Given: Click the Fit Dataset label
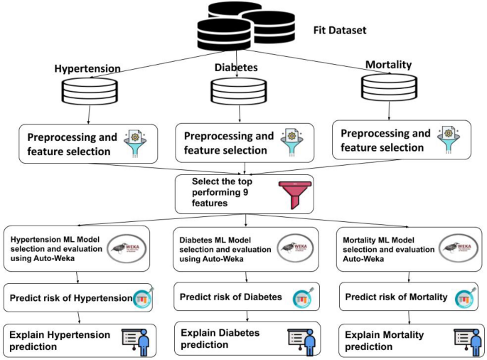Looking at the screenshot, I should (342, 31).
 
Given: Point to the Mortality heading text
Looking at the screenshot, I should (388, 65).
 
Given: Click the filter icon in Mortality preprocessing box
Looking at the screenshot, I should (449, 139).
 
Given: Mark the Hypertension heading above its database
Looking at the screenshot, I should (87, 68).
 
